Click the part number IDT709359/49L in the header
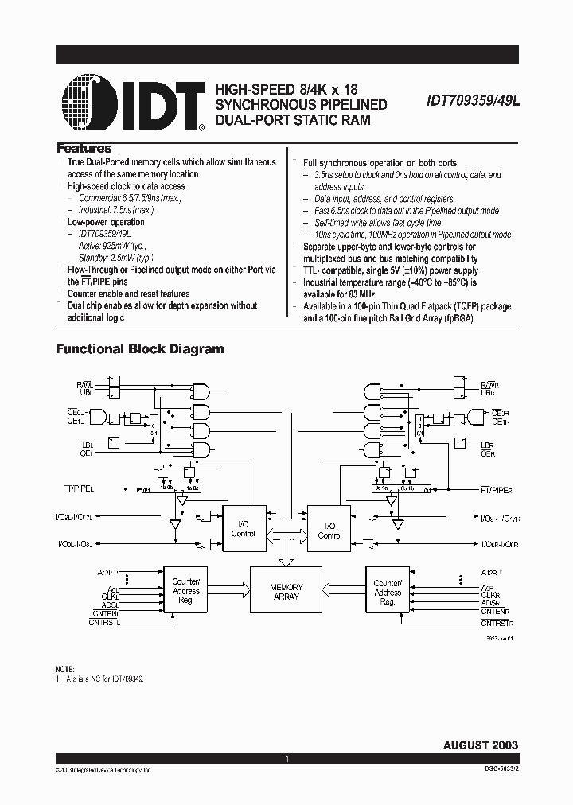[x=467, y=103]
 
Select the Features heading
[x=84, y=149]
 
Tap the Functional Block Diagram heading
[x=139, y=348]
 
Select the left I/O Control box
[x=244, y=529]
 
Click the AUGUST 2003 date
[x=480, y=745]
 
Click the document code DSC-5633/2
[x=497, y=770]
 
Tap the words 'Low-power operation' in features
[x=106, y=222]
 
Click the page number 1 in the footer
[x=286, y=760]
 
